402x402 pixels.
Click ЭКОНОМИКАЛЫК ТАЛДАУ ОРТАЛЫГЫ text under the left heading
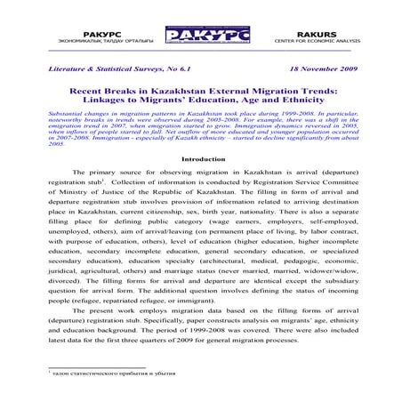click(x=90, y=37)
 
